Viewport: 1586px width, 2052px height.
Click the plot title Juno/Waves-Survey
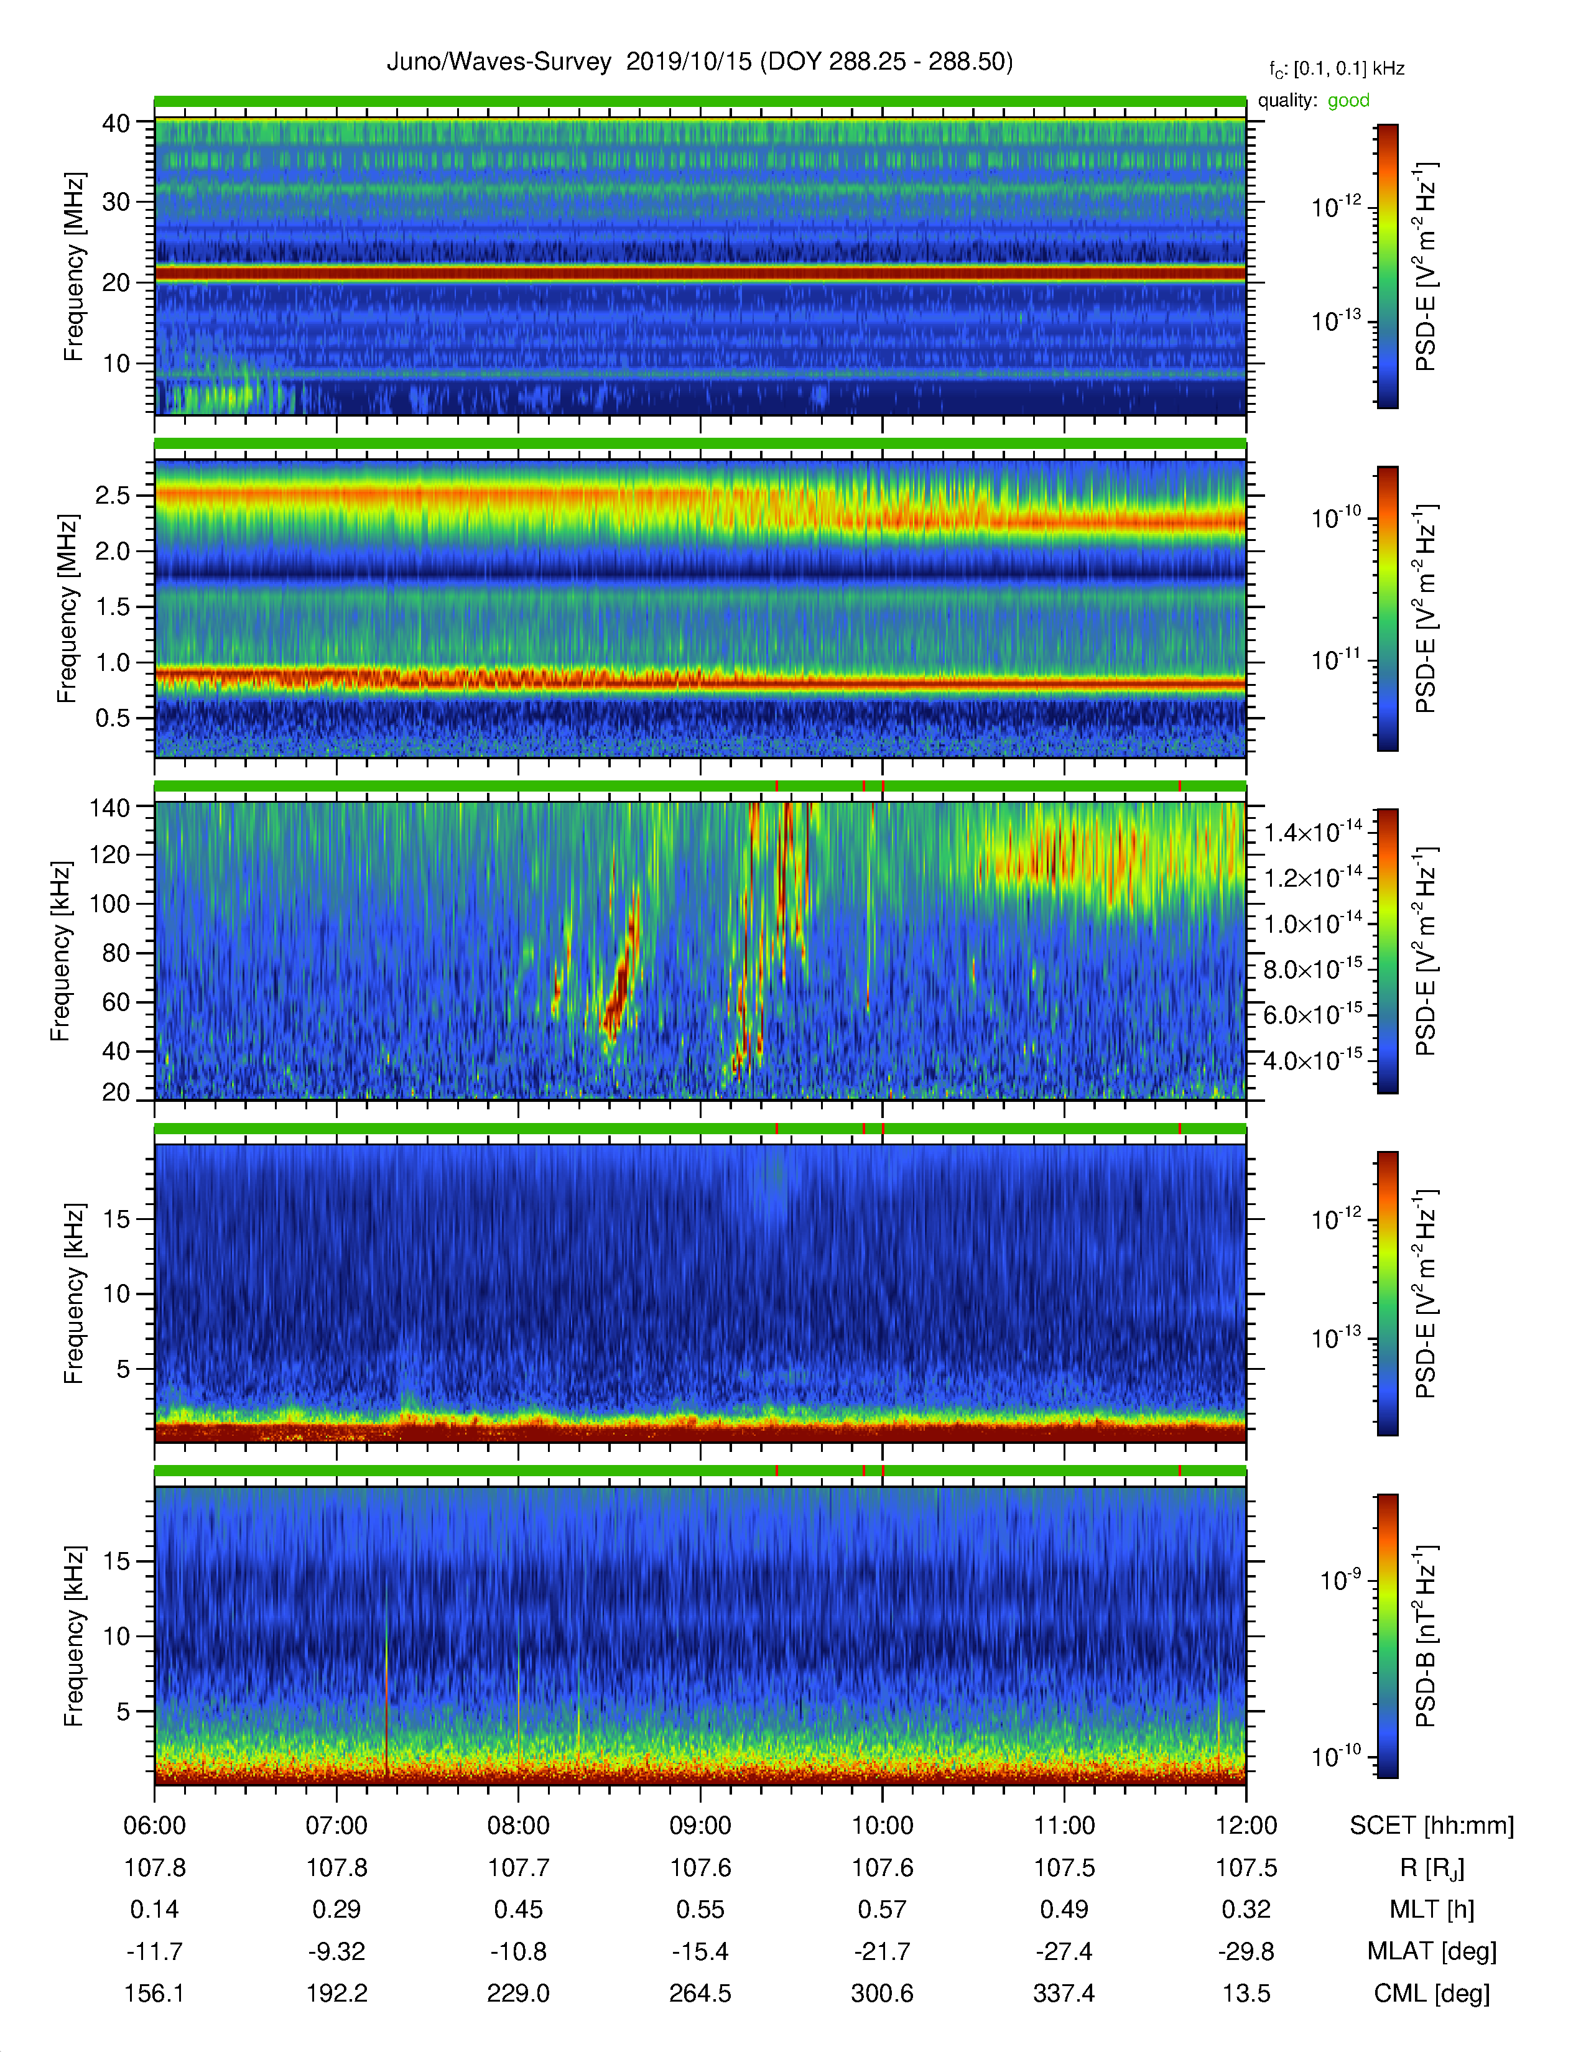(499, 62)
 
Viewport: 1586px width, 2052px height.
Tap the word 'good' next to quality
(1348, 101)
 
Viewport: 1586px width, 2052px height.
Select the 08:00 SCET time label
(519, 1826)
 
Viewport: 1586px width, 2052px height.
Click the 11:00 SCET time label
(1065, 1826)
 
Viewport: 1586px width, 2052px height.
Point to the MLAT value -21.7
(883, 1951)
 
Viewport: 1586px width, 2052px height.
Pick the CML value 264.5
(700, 1993)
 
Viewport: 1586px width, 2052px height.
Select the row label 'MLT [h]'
(1432, 1910)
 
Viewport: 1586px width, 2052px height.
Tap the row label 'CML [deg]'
(1432, 1994)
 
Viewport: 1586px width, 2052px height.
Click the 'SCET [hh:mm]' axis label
(1432, 1826)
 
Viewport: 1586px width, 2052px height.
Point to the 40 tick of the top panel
(116, 123)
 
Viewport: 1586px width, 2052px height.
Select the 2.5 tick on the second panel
(112, 495)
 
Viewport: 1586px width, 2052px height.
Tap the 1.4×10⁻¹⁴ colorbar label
(1312, 831)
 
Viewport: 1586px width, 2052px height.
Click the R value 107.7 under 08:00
(519, 1868)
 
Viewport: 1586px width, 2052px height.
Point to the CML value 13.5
(1246, 1993)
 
